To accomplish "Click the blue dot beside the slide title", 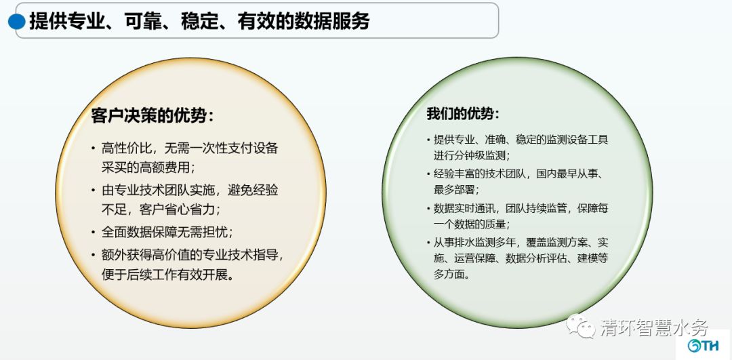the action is [x=17, y=22].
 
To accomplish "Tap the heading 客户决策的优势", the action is [x=152, y=115].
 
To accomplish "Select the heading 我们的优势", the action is [x=463, y=113].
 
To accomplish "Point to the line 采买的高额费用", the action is [x=148, y=167].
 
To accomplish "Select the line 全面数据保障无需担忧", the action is [x=167, y=232].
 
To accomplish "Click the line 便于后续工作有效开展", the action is [x=167, y=275].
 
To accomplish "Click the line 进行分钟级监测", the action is [x=472, y=155].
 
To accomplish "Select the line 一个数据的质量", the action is [x=472, y=224].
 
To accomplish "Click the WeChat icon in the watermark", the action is [x=581, y=326].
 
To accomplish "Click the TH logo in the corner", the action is [x=703, y=345].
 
